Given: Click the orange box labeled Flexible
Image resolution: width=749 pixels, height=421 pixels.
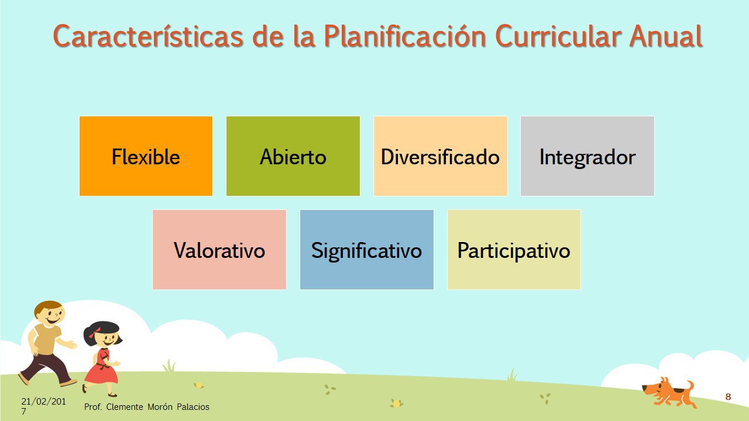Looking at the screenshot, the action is [x=146, y=156].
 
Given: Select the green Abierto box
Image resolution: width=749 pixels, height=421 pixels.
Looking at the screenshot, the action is [x=293, y=156].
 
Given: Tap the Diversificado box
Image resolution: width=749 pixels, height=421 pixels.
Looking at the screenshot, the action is [x=441, y=156].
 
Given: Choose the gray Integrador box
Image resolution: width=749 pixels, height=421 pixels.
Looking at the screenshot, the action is [x=587, y=156].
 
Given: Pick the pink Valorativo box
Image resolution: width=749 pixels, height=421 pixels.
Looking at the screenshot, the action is [x=219, y=250].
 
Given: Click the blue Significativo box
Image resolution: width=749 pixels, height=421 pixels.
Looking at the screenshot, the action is [x=367, y=250].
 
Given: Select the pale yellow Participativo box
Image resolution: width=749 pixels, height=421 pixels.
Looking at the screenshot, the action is [x=514, y=250].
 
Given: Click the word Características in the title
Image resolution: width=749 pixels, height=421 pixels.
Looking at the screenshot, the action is [x=148, y=36].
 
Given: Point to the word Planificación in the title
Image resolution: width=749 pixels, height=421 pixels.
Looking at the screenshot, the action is [x=405, y=37].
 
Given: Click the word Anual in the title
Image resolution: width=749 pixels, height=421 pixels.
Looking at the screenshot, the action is [x=666, y=36].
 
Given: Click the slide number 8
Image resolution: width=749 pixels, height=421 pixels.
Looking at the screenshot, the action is [x=728, y=397].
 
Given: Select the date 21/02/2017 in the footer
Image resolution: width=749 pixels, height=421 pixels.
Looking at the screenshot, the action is [x=43, y=406].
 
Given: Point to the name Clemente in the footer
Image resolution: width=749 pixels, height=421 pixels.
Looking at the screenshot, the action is [x=125, y=407].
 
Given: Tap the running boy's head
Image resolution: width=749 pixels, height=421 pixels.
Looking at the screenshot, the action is [x=50, y=313].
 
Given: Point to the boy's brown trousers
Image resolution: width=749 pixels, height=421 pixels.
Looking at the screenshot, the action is [x=45, y=368].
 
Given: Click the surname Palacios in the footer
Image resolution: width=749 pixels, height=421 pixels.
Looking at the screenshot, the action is [x=193, y=407].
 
